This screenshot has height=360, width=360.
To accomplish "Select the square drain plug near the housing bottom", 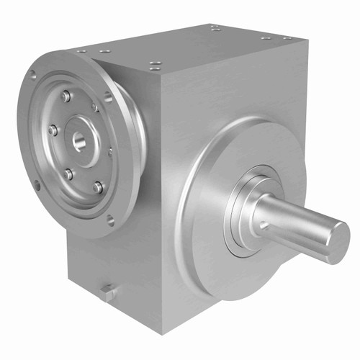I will click(108, 293).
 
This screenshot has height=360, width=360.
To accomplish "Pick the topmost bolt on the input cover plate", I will click(66, 96).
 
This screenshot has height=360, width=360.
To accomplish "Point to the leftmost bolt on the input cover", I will click(53, 130).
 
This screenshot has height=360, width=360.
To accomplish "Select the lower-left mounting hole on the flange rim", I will click(37, 186).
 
